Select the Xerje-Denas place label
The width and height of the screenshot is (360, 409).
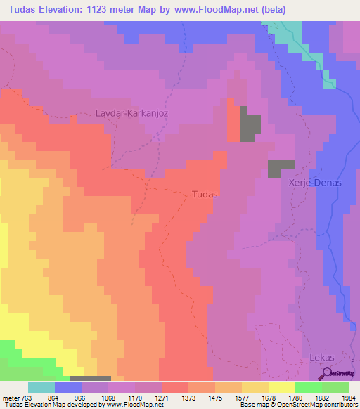coord(314,182)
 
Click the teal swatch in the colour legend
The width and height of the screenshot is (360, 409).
coord(41,387)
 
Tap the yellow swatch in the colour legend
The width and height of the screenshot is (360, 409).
coord(281,387)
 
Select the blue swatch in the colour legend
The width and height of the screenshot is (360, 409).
coord(68,387)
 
